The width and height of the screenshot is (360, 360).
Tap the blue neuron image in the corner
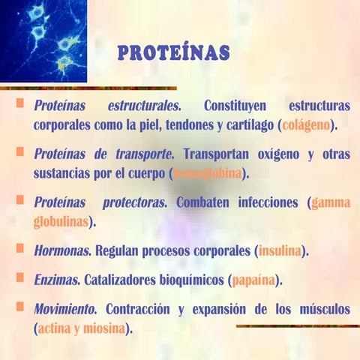pyautogui.click(x=43, y=40)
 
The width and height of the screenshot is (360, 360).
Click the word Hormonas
pyautogui.click(x=57, y=250)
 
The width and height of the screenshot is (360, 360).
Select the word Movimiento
pyautogui.click(x=65, y=309)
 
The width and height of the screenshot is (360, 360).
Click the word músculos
pyautogui.click(x=318, y=309)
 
